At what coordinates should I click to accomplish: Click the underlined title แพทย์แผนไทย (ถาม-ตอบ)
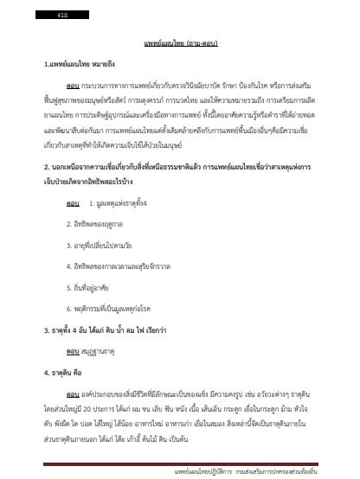pyautogui.click(x=179, y=42)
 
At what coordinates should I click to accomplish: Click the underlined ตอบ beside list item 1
pyautogui.click(x=74, y=203)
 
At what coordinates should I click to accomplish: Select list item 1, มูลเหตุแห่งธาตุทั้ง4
pyautogui.click(x=125, y=203)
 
